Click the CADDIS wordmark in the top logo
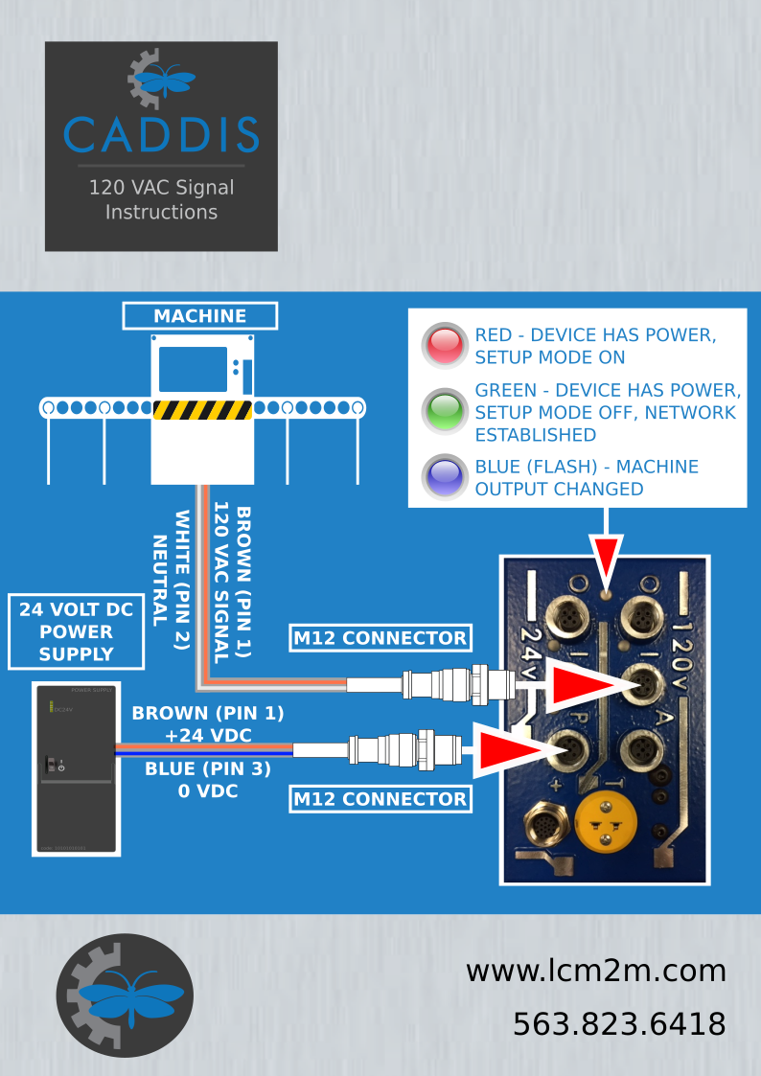pos(161,135)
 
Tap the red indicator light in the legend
pos(444,346)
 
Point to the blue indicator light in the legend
pos(444,477)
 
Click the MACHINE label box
pos(200,316)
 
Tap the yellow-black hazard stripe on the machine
pos(202,410)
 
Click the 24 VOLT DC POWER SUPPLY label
pos(76,632)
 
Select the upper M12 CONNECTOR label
pos(380,638)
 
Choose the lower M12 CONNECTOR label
pos(380,799)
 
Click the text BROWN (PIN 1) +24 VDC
pos(208,723)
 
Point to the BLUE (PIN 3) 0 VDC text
pos(208,780)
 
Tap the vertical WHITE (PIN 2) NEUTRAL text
pos(171,581)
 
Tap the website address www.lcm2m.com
pos(595,971)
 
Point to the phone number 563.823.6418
pos(619,1024)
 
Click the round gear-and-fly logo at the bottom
pos(125,996)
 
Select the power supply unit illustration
pos(75,767)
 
